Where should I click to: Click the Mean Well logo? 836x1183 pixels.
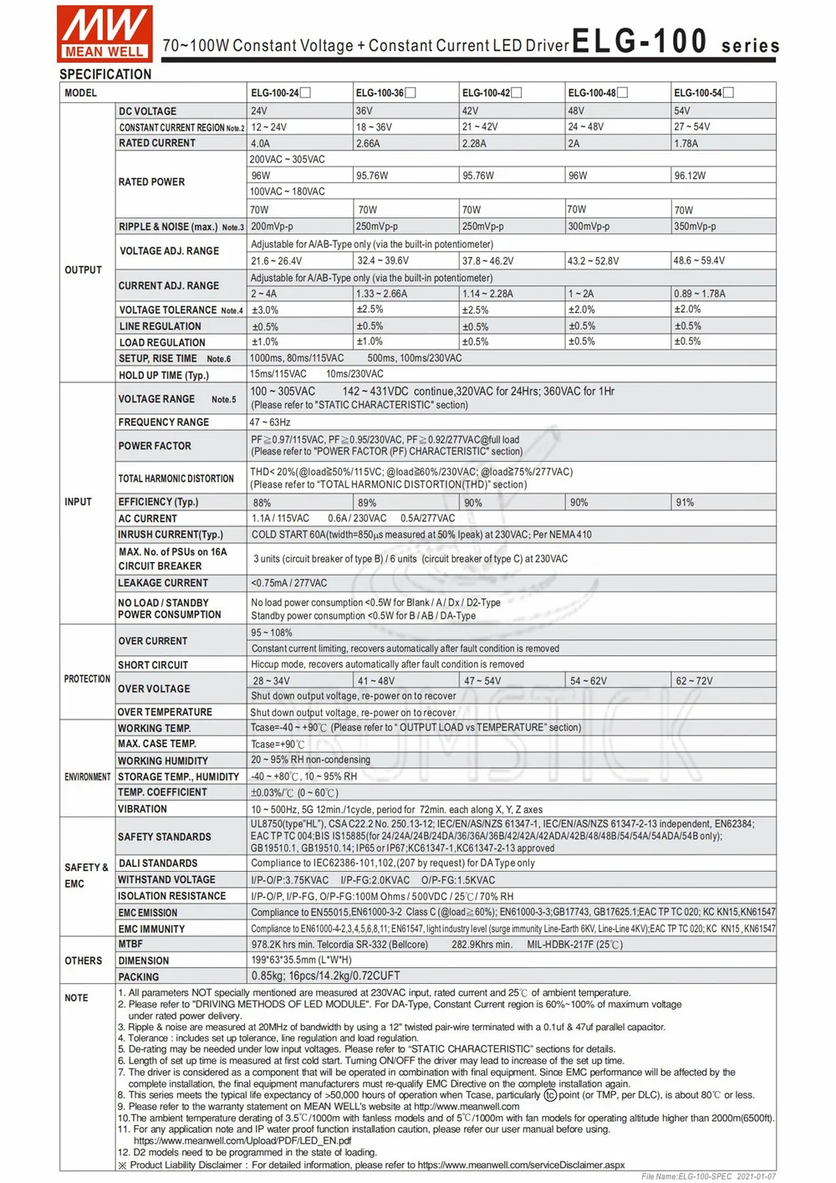point(104,33)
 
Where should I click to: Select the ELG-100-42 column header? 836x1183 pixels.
point(486,93)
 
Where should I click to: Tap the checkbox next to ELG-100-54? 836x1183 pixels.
point(728,93)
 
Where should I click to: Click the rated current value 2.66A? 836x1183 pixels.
point(368,144)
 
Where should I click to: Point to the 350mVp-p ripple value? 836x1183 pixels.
point(695,227)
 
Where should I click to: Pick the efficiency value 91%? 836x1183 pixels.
point(685,503)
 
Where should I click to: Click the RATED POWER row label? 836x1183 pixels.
point(151,182)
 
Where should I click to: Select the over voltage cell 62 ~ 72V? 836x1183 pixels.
point(694,681)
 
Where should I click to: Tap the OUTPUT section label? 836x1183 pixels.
point(83,270)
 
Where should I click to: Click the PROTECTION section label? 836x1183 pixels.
point(87,679)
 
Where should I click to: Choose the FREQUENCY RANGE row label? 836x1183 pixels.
point(164,422)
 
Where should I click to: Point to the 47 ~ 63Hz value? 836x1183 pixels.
point(270,422)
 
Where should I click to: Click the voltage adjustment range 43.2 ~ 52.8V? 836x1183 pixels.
point(593,261)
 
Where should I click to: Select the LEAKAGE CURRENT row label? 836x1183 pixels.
point(163,583)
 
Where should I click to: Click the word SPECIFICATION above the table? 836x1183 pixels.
point(105,74)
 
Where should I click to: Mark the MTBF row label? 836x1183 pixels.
point(130,945)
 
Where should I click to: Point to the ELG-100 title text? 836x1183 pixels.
point(640,42)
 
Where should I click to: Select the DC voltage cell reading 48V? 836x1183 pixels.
point(576,111)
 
